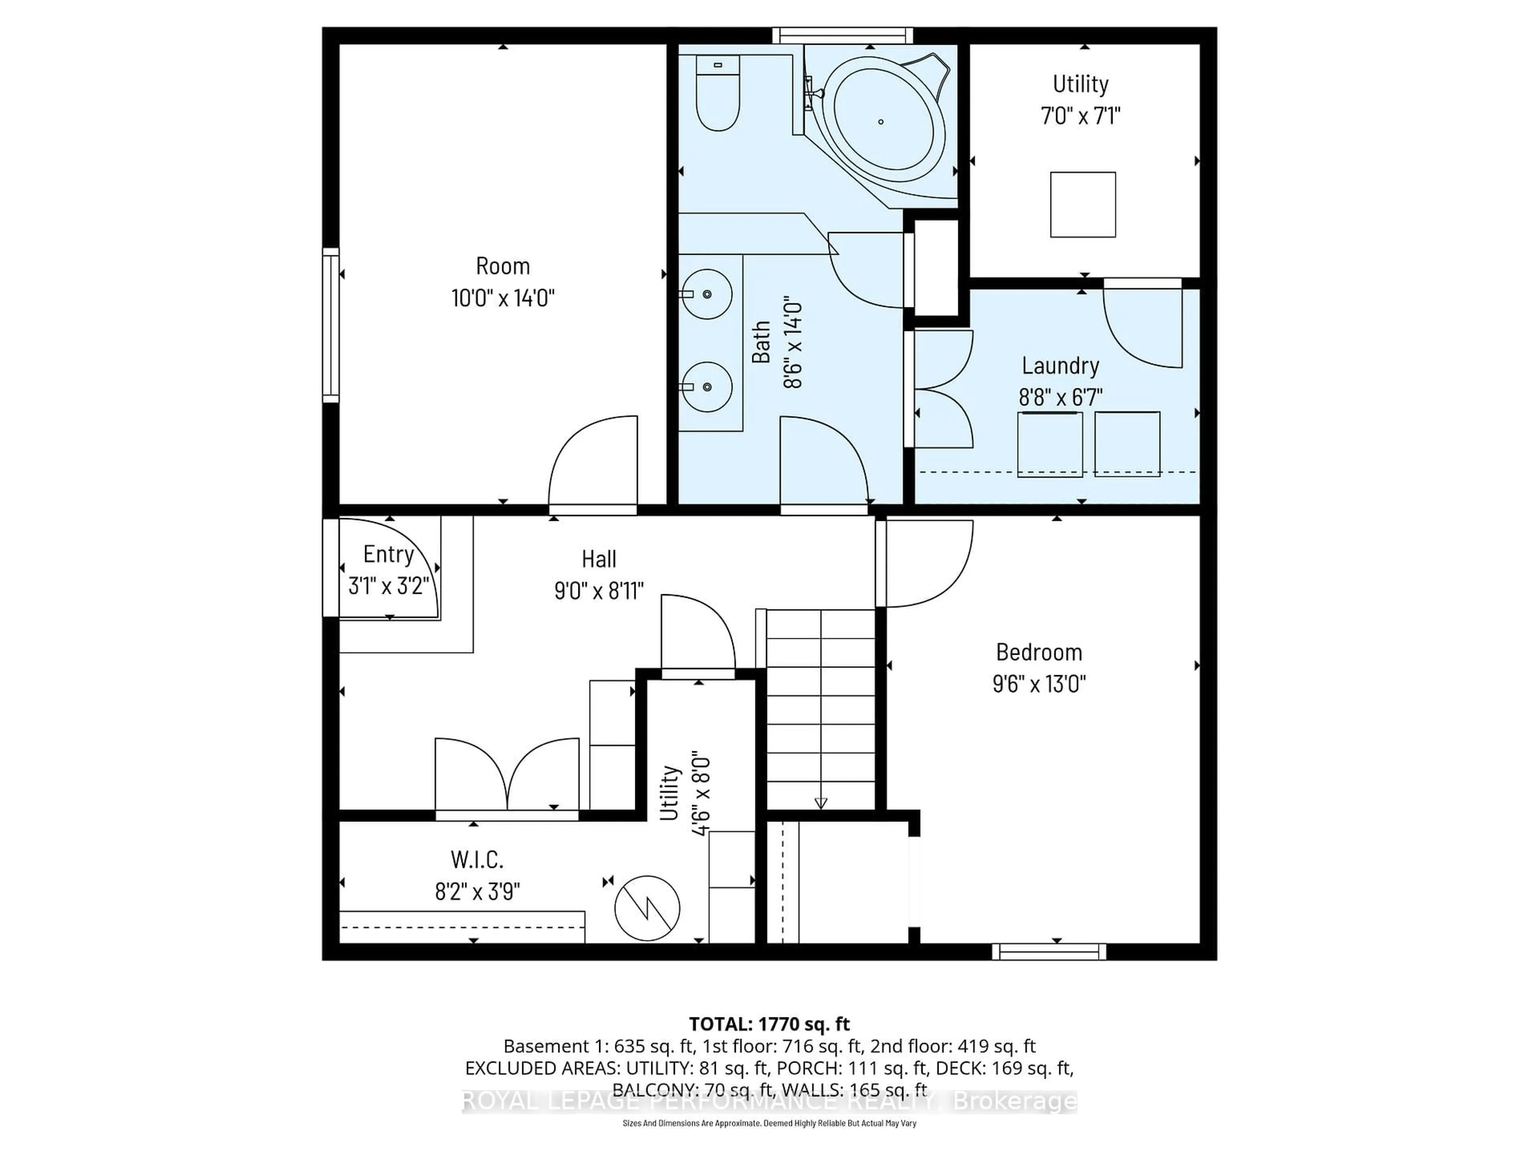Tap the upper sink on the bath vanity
(706, 294)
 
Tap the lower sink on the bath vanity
(706, 387)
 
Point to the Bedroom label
(1039, 652)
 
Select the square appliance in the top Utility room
(1083, 204)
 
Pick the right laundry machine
(1127, 444)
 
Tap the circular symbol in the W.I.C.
(647, 908)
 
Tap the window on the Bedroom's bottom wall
(1048, 952)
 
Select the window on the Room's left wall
(331, 325)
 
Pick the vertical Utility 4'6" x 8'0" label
(685, 793)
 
